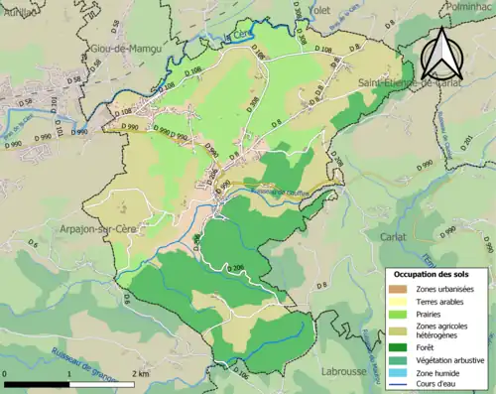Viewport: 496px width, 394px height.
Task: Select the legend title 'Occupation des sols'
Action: tap(433, 274)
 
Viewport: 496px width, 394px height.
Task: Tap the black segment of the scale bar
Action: tap(37, 382)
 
